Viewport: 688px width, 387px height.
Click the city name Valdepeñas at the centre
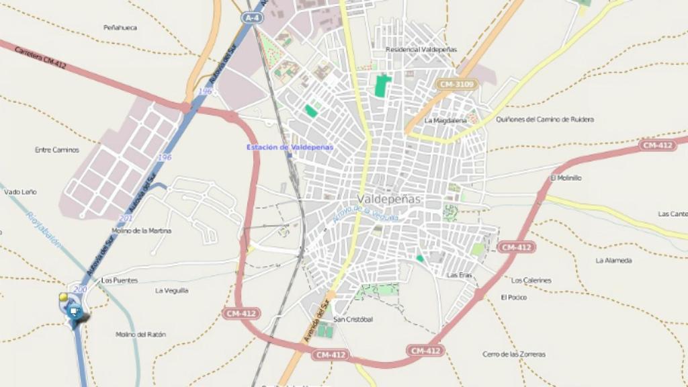[389, 199]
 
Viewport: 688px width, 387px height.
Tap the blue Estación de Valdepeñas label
[290, 147]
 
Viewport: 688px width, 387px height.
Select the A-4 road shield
[253, 19]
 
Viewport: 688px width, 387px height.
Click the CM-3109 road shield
[456, 84]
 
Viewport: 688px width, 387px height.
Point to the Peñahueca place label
[120, 28]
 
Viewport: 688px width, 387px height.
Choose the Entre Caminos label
[57, 150]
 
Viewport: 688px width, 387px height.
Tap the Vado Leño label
[20, 191]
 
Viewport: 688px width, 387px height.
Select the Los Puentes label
[119, 279]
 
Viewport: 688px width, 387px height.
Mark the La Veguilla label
[171, 291]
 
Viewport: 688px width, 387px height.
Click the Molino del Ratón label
[140, 334]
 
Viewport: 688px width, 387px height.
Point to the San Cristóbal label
[353, 319]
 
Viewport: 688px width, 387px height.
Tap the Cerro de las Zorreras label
[514, 354]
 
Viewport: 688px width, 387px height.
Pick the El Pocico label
[513, 297]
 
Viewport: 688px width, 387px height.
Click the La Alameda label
[613, 260]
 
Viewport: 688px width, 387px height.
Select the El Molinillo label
[565, 178]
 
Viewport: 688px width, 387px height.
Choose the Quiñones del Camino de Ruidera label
[544, 120]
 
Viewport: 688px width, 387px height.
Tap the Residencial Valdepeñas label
[421, 50]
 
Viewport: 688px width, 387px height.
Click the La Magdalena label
[445, 121]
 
